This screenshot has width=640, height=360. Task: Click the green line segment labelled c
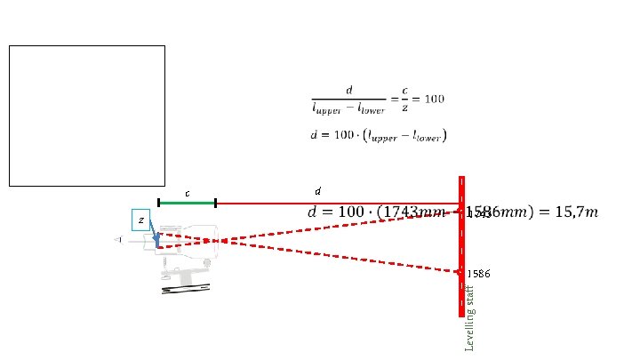[187, 203]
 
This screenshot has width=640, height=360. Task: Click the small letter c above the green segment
[187, 193]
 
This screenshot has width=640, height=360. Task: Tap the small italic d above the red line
[318, 191]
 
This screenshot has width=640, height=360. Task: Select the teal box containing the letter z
[140, 220]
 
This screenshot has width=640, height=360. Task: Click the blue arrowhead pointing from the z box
[156, 237]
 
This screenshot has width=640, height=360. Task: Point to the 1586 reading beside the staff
[478, 274]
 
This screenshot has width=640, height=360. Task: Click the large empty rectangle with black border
[86, 116]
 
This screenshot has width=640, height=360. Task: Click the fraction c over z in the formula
[404, 98]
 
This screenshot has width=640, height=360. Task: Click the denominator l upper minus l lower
[349, 108]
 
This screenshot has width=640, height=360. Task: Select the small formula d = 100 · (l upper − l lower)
[378, 136]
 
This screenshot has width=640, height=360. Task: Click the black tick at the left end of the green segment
[158, 203]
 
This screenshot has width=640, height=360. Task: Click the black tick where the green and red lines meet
[215, 203]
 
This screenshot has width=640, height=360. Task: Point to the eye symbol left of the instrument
[118, 239]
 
